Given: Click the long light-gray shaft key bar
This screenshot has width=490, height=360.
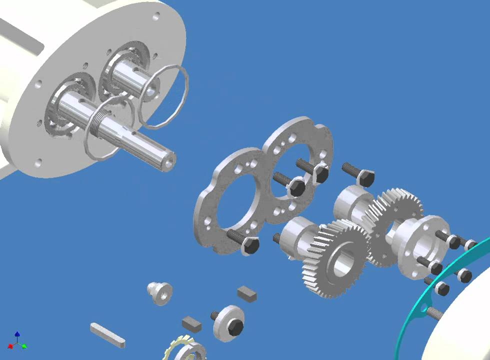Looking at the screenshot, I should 107,335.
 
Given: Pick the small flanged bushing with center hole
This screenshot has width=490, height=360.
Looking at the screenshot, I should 159,292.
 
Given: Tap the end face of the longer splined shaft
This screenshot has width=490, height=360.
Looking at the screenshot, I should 168,159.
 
